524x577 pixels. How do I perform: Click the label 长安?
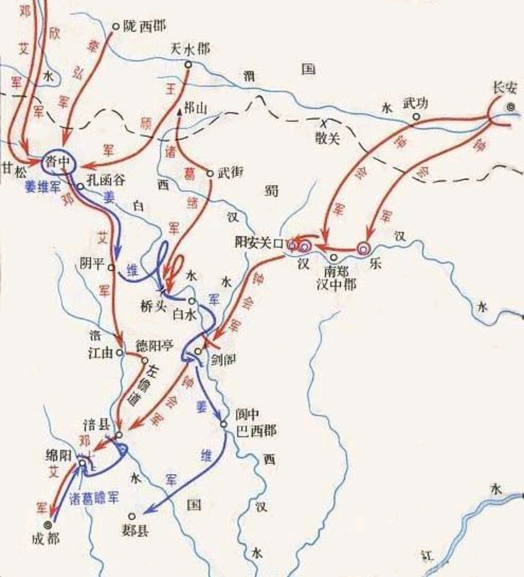tap(505, 88)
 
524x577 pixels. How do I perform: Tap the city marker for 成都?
tap(48, 525)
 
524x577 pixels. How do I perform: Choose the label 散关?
tap(327, 138)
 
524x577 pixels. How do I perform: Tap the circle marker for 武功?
tap(416, 116)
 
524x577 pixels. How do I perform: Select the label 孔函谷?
tap(105, 180)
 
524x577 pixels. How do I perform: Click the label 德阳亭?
tap(154, 346)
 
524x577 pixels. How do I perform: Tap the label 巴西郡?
tap(256, 430)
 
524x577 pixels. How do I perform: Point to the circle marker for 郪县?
tap(131, 516)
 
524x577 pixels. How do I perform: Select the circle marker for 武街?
tap(210, 173)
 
